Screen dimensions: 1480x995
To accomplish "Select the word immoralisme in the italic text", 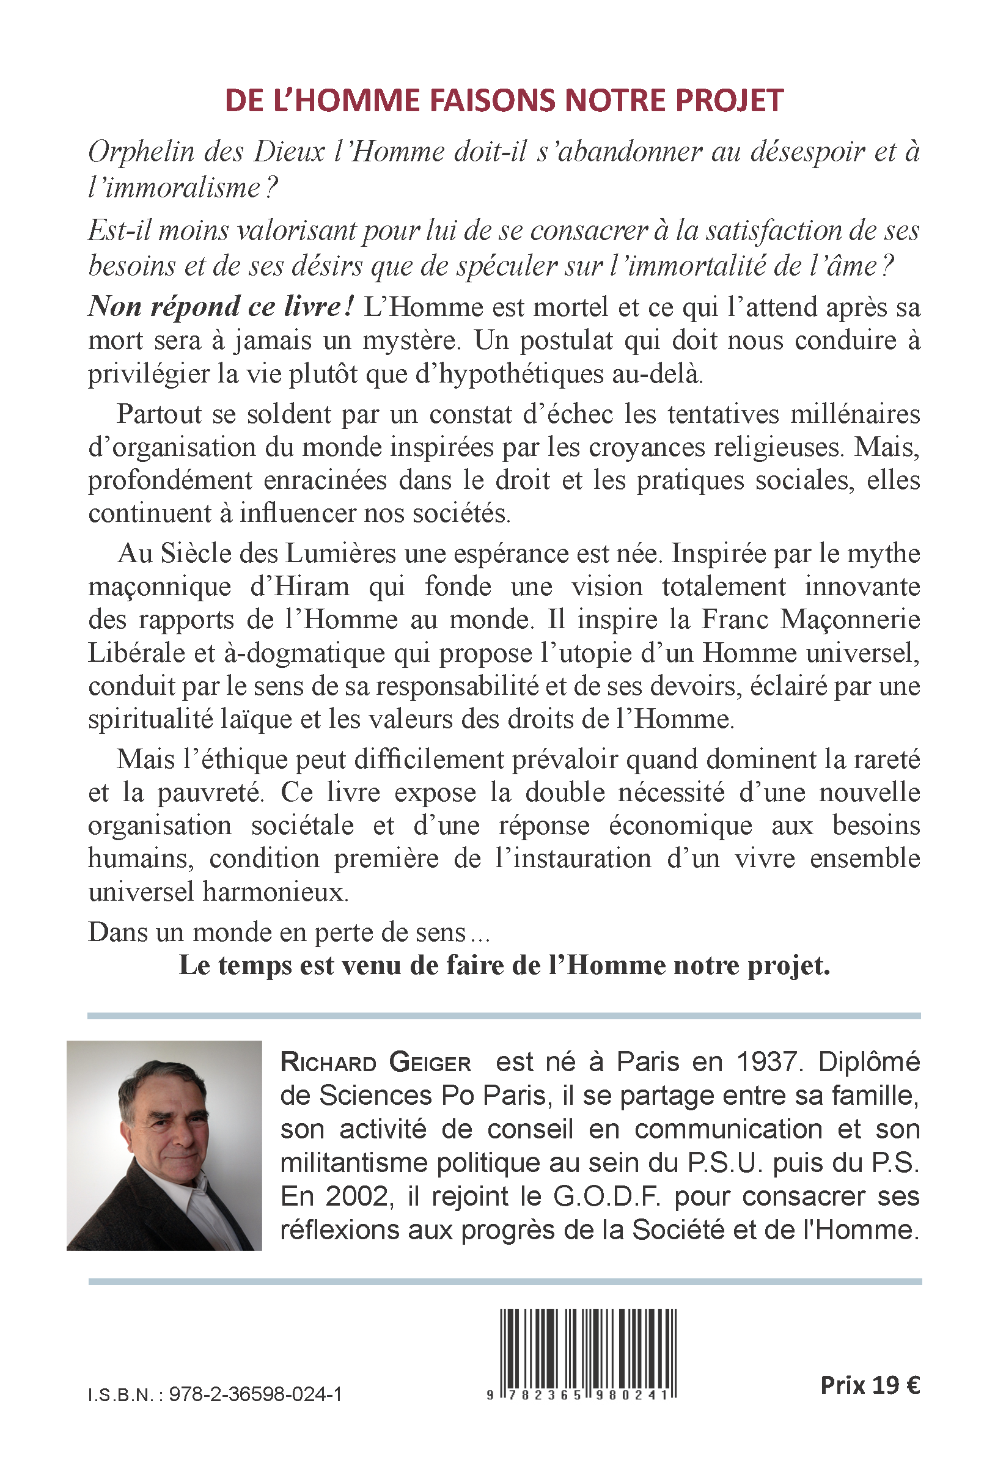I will [175, 188].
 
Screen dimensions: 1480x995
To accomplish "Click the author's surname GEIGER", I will [430, 1063].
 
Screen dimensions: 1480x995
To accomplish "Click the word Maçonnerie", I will [850, 619].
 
